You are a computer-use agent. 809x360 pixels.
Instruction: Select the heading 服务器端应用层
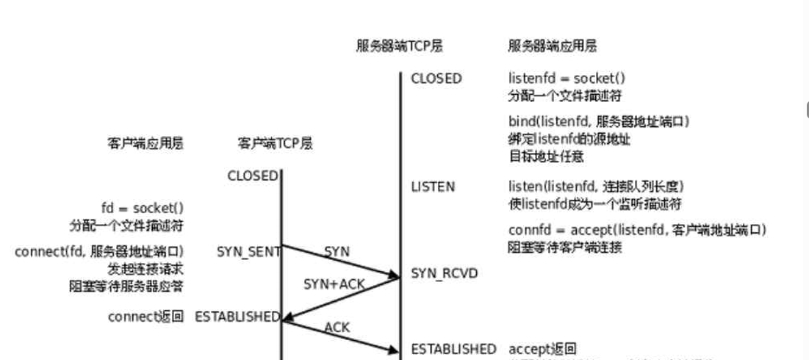click(552, 46)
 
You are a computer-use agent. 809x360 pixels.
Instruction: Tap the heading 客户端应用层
click(145, 143)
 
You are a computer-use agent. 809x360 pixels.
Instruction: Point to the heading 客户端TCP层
click(276, 143)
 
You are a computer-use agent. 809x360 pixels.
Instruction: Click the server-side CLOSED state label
click(436, 79)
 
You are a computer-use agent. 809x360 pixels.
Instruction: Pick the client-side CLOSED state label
click(253, 176)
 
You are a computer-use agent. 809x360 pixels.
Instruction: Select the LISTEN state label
click(433, 187)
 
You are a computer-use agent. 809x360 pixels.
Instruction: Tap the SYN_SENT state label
click(248, 252)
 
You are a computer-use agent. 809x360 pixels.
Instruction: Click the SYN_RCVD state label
click(444, 273)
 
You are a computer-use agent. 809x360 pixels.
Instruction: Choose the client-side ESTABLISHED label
click(237, 317)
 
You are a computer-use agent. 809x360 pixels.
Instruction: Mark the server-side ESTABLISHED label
click(453, 348)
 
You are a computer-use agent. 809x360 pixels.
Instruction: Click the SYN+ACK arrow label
click(334, 284)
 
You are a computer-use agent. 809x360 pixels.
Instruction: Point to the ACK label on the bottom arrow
click(337, 328)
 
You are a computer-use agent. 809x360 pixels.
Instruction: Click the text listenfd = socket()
click(567, 79)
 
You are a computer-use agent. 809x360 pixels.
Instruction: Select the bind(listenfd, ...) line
click(599, 121)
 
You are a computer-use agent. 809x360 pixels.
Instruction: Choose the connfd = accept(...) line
click(637, 230)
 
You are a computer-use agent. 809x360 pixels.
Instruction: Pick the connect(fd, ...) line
click(99, 252)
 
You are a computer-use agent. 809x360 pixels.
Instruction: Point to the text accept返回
click(542, 348)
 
